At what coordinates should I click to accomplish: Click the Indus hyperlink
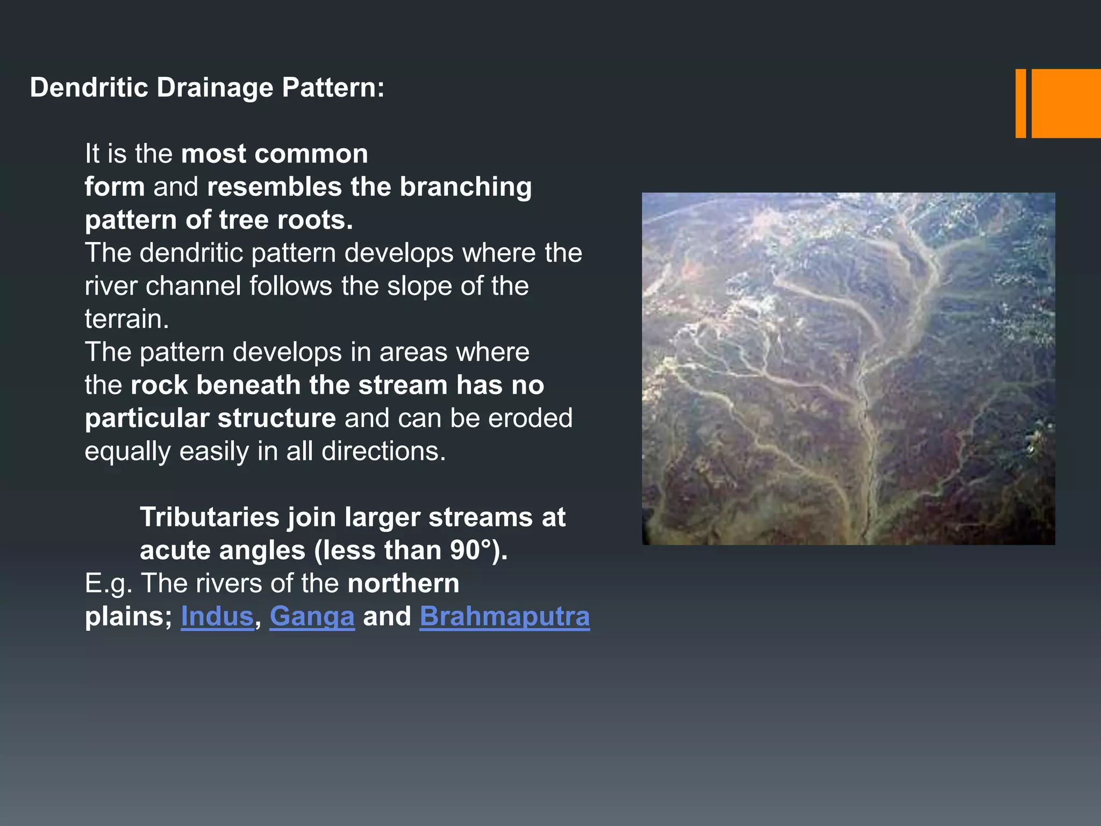[217, 616]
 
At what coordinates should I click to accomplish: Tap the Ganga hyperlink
[312, 616]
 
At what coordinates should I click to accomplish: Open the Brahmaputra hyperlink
[504, 616]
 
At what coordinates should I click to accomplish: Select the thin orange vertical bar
[1020, 103]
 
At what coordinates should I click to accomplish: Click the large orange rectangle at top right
[1066, 103]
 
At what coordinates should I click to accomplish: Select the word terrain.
[127, 319]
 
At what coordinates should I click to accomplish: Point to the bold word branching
[466, 187]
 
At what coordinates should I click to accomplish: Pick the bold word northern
[403, 583]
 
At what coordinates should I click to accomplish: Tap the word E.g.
[109, 583]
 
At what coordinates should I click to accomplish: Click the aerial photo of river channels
[848, 369]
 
